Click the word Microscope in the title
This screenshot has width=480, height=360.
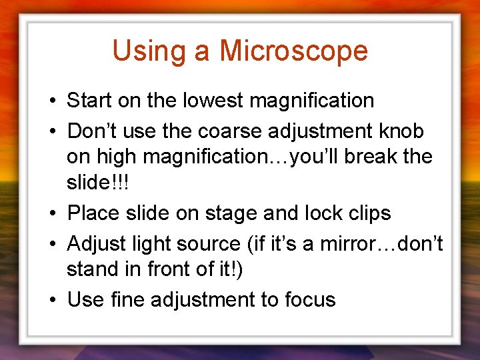(x=293, y=51)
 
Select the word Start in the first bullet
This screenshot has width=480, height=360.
(x=89, y=101)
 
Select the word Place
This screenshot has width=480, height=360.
(x=93, y=214)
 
